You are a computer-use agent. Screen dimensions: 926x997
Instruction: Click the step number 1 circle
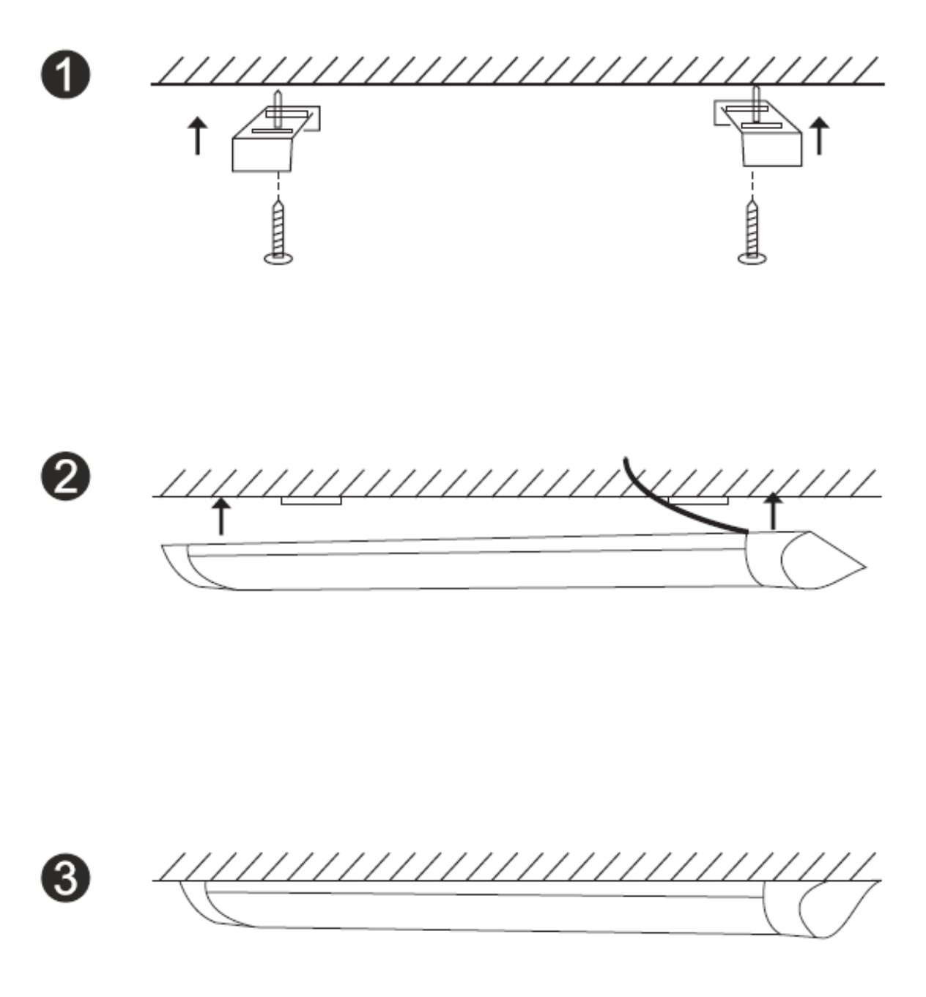pyautogui.click(x=66, y=76)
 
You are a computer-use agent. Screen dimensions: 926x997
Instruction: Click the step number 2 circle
pyautogui.click(x=66, y=478)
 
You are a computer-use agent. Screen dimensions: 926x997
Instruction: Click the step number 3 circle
pyautogui.click(x=66, y=878)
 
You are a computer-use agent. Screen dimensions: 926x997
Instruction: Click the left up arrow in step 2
pyautogui.click(x=221, y=516)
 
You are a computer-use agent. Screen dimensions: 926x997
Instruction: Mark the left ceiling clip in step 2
pyautogui.click(x=311, y=501)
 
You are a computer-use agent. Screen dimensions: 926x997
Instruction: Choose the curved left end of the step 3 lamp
pyautogui.click(x=201, y=903)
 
